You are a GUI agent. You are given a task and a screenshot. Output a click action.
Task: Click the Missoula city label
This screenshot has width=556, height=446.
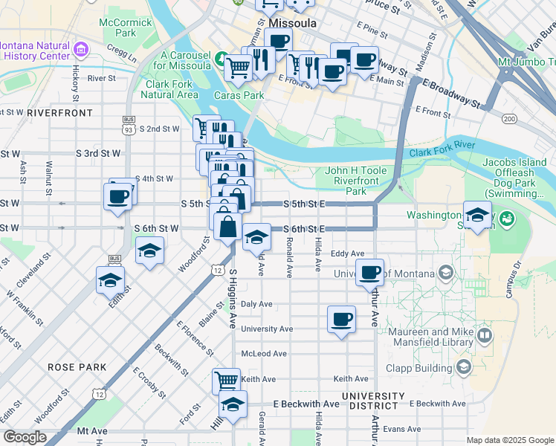[287, 23]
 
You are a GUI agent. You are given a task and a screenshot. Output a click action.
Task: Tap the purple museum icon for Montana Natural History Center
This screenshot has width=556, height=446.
[81, 50]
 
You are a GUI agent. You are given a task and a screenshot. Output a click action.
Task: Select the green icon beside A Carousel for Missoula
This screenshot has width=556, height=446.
[221, 58]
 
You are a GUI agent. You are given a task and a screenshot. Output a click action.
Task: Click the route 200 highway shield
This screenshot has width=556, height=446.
[509, 119]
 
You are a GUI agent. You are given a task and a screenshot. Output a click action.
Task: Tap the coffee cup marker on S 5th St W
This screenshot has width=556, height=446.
[119, 197]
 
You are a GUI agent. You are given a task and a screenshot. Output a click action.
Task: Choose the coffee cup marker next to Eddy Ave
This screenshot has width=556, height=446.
[369, 272]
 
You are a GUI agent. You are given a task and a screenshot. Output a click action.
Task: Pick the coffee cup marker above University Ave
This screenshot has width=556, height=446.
[341, 319]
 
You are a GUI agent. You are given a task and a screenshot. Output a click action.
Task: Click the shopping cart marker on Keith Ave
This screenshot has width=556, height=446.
[226, 381]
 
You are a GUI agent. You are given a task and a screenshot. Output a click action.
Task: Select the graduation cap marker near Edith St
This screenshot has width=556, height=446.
[110, 281]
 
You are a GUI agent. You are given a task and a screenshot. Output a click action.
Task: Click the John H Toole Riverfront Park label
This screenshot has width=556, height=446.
[356, 181]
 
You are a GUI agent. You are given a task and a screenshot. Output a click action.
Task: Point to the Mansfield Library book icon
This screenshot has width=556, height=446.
[485, 336]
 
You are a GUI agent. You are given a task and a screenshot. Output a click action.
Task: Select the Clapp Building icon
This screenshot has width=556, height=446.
[464, 366]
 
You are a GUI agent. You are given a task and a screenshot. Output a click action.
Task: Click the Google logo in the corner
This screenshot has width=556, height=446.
[25, 437]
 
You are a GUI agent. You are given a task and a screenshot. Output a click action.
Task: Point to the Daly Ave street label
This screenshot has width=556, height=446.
[256, 304]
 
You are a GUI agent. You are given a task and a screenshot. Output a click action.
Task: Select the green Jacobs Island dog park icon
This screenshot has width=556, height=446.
[507, 219]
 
